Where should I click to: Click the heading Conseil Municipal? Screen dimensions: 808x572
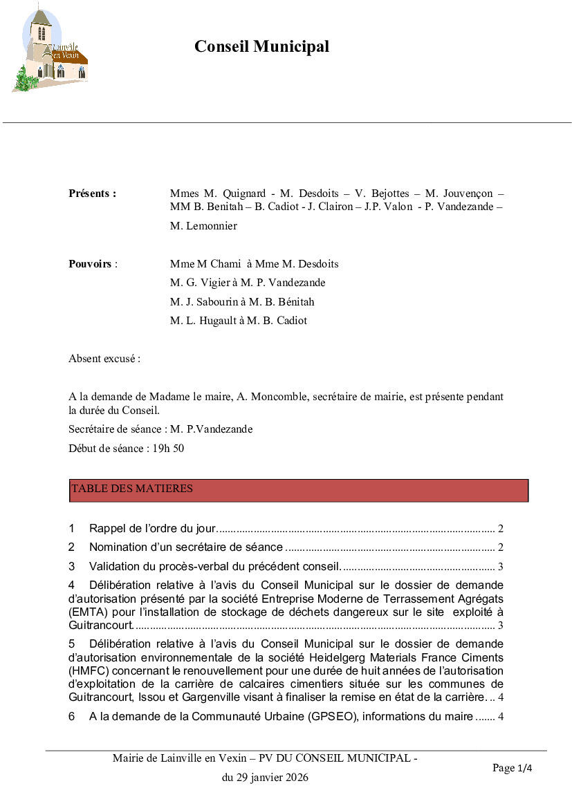(x=261, y=47)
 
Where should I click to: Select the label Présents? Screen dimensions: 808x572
(x=92, y=194)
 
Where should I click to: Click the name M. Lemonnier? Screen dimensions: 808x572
(x=203, y=226)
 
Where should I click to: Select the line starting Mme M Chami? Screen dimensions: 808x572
(x=254, y=264)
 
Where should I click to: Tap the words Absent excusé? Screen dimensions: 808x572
(x=104, y=359)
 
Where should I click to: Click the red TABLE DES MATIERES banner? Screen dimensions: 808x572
(x=299, y=490)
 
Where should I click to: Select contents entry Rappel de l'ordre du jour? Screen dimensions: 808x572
(x=152, y=529)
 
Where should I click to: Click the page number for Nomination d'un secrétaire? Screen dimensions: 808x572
(x=500, y=548)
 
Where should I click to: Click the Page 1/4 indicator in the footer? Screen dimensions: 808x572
(x=512, y=768)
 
